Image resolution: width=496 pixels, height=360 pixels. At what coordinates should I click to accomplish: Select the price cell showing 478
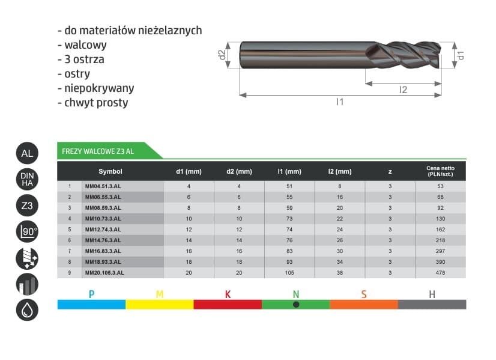pos(440,273)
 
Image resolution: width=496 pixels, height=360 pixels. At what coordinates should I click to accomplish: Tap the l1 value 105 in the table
pos(289,273)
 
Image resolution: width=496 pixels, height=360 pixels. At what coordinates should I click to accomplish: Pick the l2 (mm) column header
pos(340,171)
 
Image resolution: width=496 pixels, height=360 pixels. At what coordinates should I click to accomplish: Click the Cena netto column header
pos(440,171)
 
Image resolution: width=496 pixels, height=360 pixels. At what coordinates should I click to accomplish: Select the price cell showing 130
pos(440,219)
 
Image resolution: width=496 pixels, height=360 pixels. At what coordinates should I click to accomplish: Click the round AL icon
pos(27,153)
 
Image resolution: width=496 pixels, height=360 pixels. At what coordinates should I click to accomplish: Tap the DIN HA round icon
pos(27,179)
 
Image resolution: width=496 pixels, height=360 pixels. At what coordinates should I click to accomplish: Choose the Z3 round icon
pos(27,206)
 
